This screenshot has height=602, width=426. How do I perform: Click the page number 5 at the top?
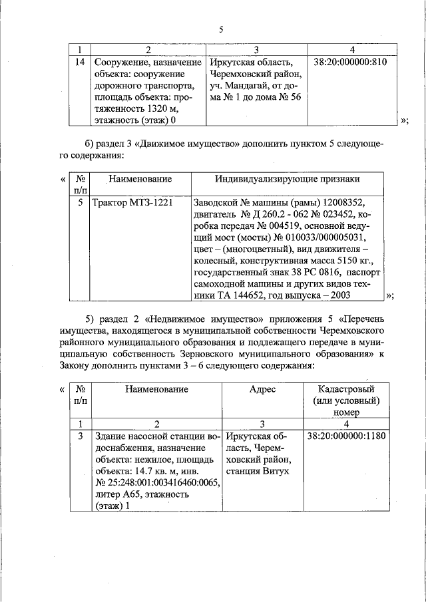[221, 29]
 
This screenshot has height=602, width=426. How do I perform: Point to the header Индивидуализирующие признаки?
[287, 180]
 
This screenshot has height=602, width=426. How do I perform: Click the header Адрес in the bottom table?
[262, 389]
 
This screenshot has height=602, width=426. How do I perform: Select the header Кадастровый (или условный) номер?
[346, 400]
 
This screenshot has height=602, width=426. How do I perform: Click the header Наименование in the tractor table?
[140, 180]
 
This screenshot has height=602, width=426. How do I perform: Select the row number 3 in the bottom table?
[80, 436]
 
